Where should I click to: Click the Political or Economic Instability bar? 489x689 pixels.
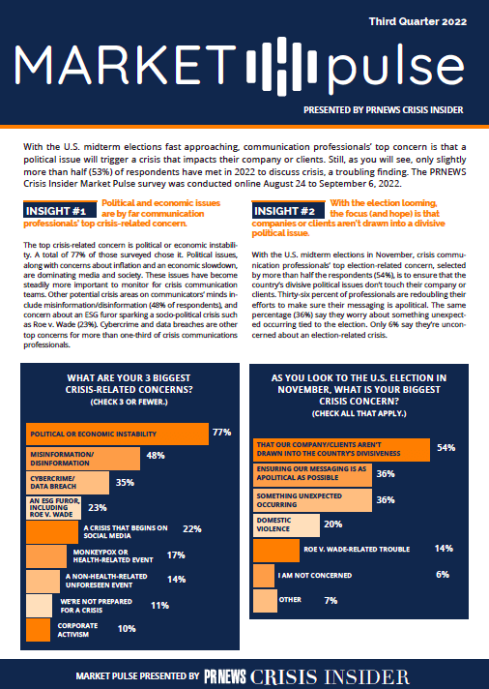click(117, 434)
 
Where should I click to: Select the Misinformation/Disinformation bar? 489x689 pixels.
click(83, 459)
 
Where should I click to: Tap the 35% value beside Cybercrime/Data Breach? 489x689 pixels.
click(125, 483)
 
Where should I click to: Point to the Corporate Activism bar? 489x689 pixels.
click(39, 630)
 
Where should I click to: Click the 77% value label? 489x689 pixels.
click(221, 433)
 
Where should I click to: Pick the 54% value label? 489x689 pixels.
click(446, 448)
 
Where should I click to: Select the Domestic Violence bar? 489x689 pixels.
click(286, 524)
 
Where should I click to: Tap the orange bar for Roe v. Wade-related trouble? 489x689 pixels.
click(276, 551)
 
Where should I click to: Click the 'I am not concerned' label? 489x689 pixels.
click(315, 575)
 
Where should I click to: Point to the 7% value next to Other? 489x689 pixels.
click(331, 601)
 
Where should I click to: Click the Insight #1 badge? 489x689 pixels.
click(60, 211)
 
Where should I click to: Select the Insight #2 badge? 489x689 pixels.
click(288, 211)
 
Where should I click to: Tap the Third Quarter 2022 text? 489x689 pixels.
click(417, 21)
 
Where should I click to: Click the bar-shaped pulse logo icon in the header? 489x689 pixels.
click(281, 67)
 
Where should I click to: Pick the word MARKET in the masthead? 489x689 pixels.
click(126, 65)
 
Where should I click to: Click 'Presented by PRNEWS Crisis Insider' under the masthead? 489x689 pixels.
click(384, 110)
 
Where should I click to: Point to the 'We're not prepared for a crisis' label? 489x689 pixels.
click(96, 606)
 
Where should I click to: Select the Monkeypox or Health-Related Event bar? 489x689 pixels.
click(46, 556)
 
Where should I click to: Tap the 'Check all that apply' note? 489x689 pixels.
click(360, 413)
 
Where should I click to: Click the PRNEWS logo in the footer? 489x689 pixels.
click(225, 676)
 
